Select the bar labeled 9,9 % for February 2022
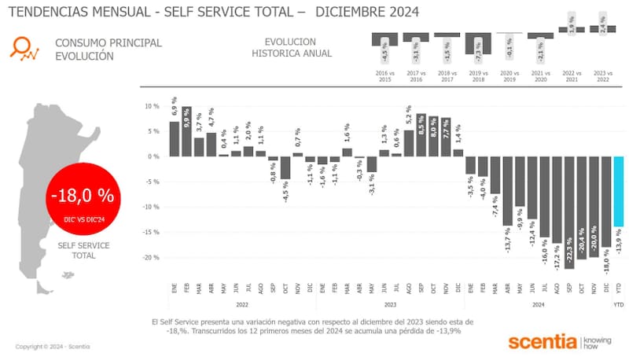point(186,131)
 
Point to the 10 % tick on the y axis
point(153,106)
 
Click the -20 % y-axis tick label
point(151,257)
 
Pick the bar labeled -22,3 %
point(569,212)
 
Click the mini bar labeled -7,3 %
point(478,44)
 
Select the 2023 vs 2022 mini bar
point(601,29)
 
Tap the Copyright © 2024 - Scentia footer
point(51,347)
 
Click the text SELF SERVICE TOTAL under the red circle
point(83,251)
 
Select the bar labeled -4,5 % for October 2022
point(285,167)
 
